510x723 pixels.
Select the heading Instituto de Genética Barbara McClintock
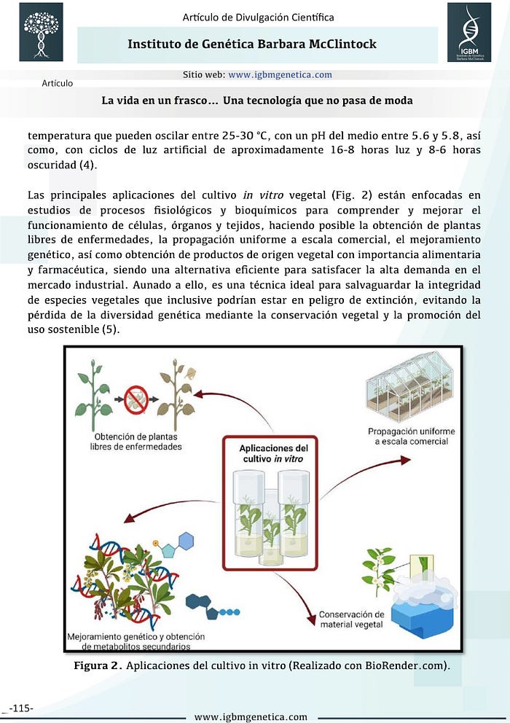tap(252, 44)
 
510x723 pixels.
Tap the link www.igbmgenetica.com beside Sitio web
tap(280, 74)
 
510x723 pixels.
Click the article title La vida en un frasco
tap(257, 101)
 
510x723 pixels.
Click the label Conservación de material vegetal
tap(351, 620)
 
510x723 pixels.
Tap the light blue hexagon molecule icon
tap(185, 542)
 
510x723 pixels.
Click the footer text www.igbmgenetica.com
tap(251, 716)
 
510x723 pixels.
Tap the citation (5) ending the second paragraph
tap(110, 329)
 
